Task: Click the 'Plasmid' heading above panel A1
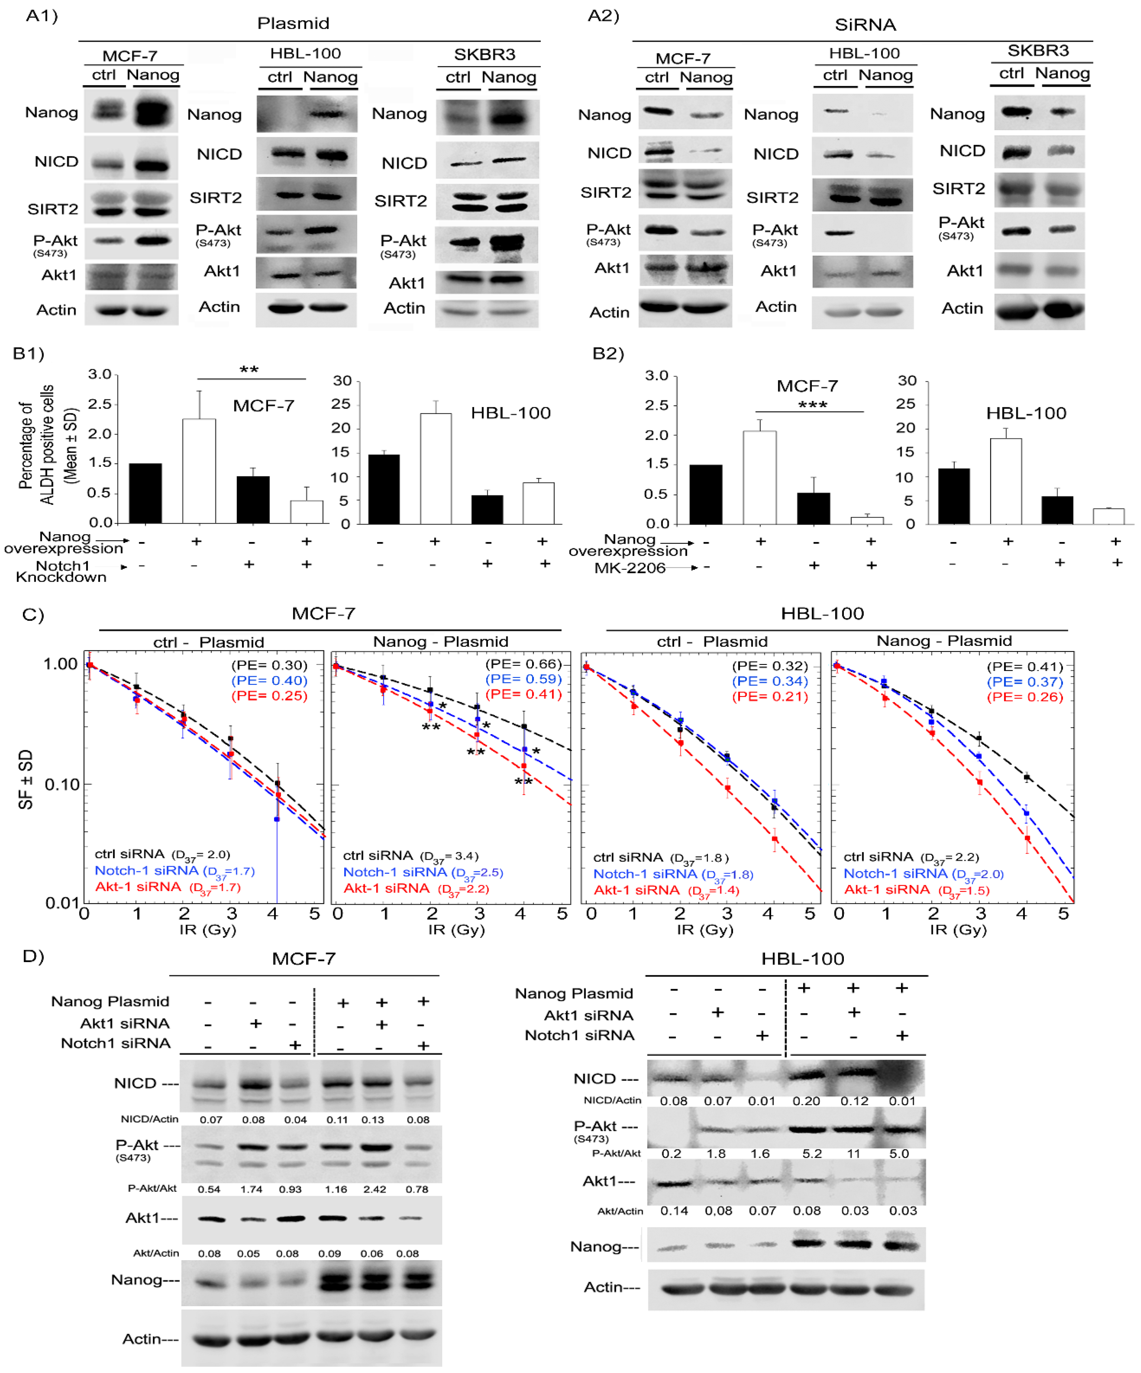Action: click(x=293, y=23)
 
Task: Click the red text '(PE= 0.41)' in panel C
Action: click(x=523, y=694)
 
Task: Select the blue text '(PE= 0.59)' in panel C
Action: click(x=523, y=679)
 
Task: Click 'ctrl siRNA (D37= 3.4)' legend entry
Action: click(x=410, y=856)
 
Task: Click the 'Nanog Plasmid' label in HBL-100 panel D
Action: click(x=573, y=994)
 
